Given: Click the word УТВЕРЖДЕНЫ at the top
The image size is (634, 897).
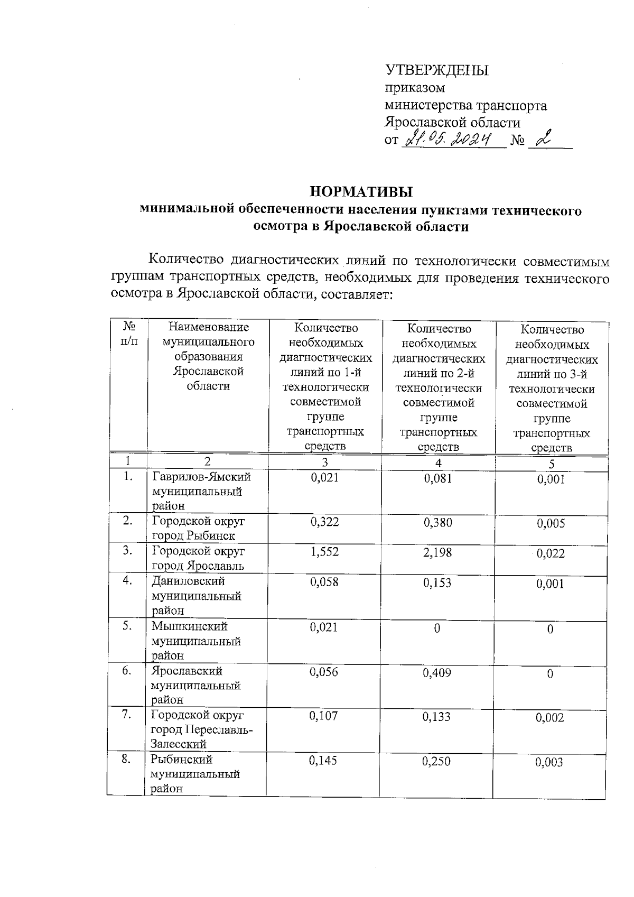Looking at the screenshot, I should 437,70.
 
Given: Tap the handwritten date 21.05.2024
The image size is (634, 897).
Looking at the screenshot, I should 452,140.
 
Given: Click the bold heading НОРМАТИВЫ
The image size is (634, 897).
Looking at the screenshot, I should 361,191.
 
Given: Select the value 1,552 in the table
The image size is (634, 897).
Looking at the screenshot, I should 324,552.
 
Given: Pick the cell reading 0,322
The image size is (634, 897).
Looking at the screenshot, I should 324,522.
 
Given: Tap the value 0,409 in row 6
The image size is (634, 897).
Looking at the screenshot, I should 437,673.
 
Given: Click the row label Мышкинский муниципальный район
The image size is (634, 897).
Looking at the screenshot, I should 196,641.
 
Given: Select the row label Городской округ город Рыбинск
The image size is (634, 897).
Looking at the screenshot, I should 199,528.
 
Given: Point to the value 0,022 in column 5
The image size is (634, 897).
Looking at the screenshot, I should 551,554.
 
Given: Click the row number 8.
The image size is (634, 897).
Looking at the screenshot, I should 126,760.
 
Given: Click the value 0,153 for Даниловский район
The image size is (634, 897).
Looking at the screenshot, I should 437,583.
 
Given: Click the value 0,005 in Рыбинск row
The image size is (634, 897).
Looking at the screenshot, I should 551,524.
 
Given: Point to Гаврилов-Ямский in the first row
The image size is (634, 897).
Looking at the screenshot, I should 201,477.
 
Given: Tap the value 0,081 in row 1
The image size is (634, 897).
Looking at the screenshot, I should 437,478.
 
